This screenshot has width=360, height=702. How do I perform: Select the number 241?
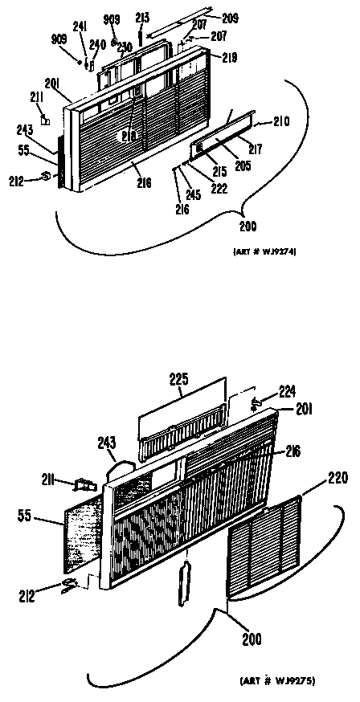coord(80,25)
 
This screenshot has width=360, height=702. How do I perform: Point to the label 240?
coord(97,45)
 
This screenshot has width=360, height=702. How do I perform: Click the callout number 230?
coord(125,47)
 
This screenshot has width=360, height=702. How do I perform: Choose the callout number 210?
coord(280,122)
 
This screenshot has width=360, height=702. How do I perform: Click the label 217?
coord(256,149)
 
